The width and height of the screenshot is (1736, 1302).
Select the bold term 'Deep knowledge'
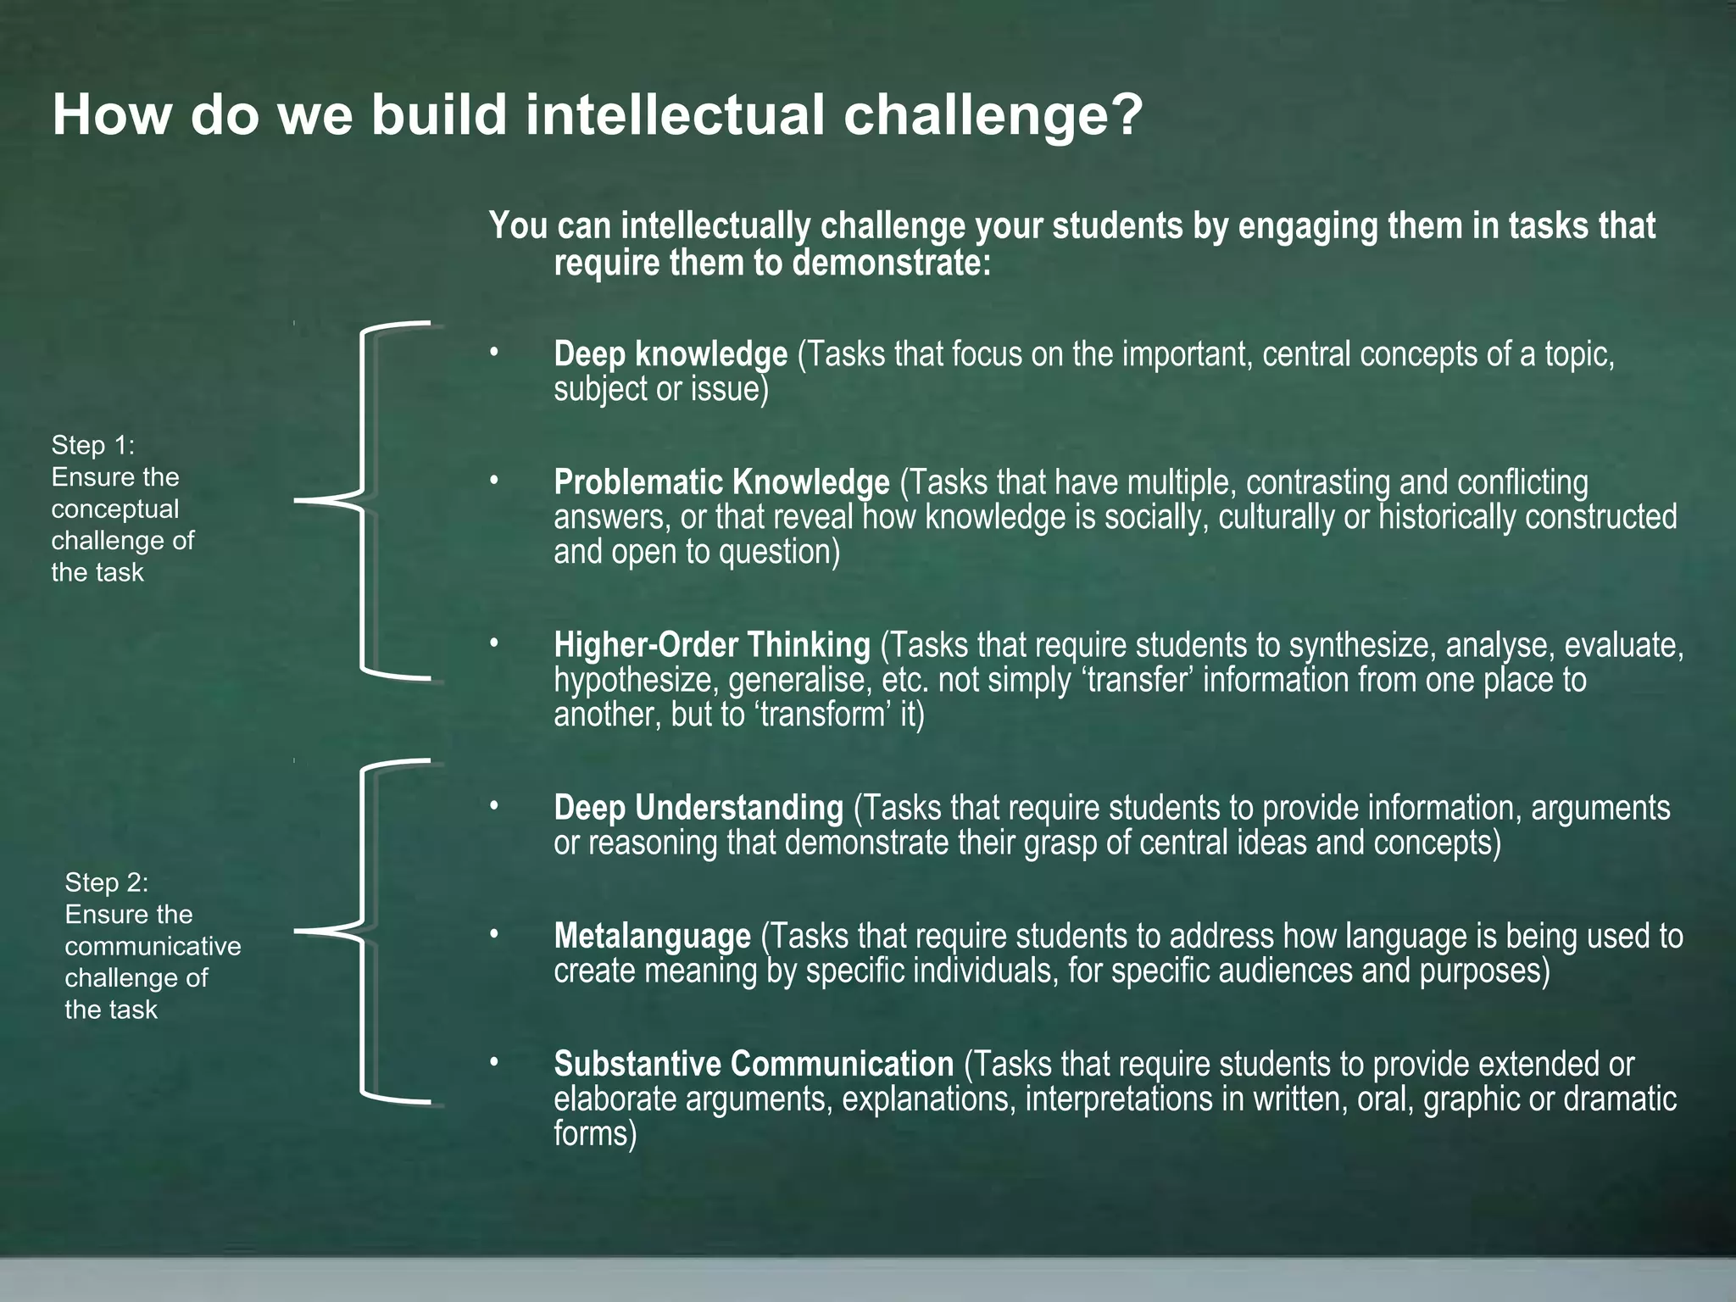point(670,354)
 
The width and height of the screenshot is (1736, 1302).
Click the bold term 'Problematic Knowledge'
point(721,482)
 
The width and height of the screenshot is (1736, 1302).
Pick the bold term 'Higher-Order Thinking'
point(712,645)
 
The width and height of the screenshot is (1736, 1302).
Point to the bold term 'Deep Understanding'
point(698,808)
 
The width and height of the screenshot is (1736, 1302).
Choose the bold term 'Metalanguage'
point(652,936)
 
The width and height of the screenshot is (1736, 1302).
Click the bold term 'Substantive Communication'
point(754,1064)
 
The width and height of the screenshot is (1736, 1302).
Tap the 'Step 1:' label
point(93,445)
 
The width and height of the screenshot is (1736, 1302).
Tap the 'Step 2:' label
point(107,882)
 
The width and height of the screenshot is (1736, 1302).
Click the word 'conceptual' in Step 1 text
point(115,509)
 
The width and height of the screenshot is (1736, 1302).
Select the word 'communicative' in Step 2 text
point(153,946)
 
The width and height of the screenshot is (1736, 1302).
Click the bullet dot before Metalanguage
point(494,934)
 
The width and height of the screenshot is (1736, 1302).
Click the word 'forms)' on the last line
point(595,1133)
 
